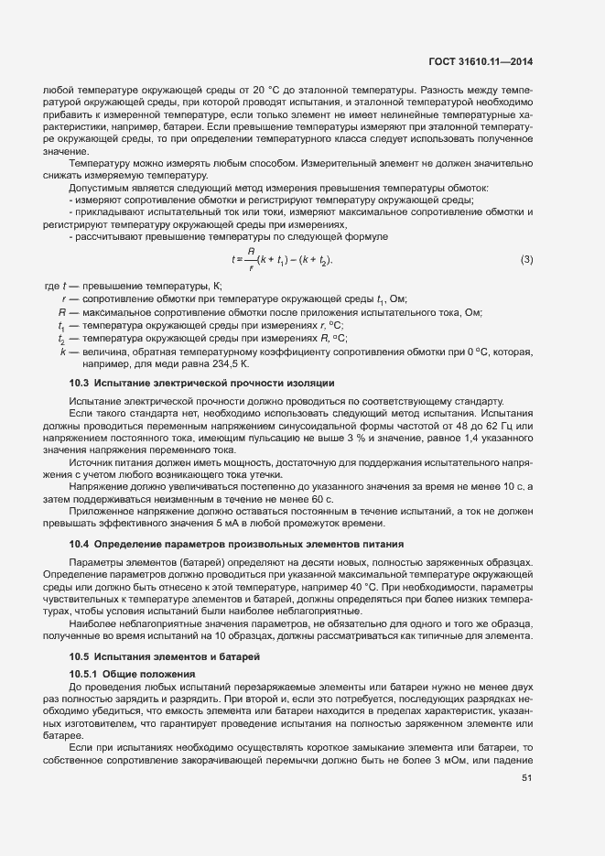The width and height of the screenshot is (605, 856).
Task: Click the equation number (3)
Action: tap(526, 259)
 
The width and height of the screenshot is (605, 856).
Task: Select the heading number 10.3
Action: tap(81, 382)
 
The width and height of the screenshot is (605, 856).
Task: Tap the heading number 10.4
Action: tap(81, 545)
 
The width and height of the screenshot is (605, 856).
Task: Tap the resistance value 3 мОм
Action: tap(449, 761)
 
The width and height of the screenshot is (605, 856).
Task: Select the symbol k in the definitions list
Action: tap(62, 351)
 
